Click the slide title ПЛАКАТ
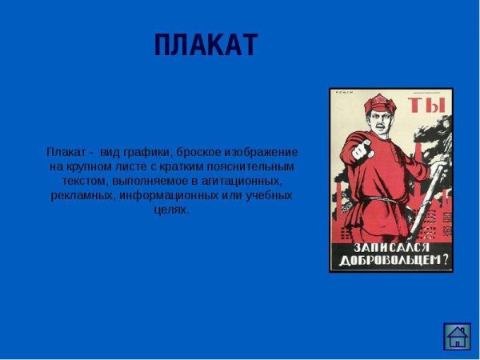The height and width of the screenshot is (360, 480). click(206, 46)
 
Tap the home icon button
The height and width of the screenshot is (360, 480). click(458, 335)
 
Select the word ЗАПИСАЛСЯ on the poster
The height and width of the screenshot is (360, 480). click(391, 246)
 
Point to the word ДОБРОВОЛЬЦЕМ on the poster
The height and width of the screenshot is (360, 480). click(386, 261)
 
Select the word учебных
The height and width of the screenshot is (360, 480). click(269, 195)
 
